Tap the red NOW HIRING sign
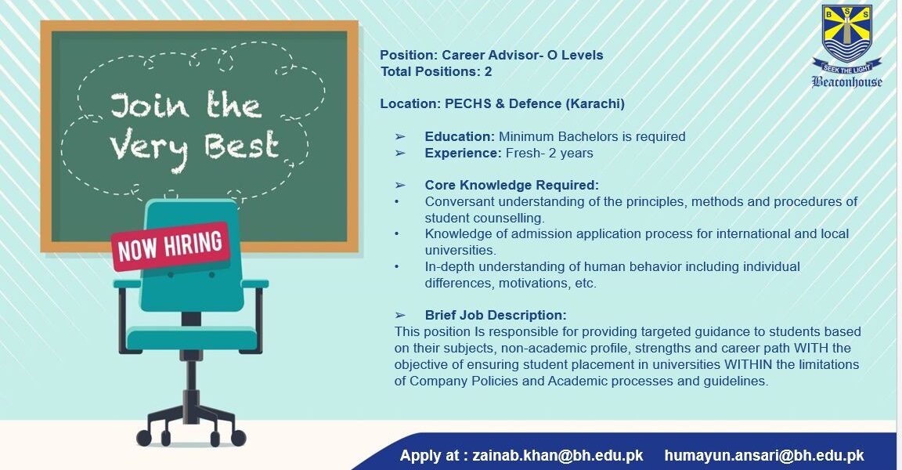(x=170, y=246)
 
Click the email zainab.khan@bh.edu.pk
(x=557, y=455)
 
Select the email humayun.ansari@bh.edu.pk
(x=764, y=455)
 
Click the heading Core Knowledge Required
(x=511, y=185)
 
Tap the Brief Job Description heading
(x=496, y=315)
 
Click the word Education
(x=460, y=137)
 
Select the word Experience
(x=463, y=153)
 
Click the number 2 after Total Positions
(x=488, y=72)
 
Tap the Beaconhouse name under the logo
(x=846, y=81)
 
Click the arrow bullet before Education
(x=400, y=137)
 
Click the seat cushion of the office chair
(x=192, y=338)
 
